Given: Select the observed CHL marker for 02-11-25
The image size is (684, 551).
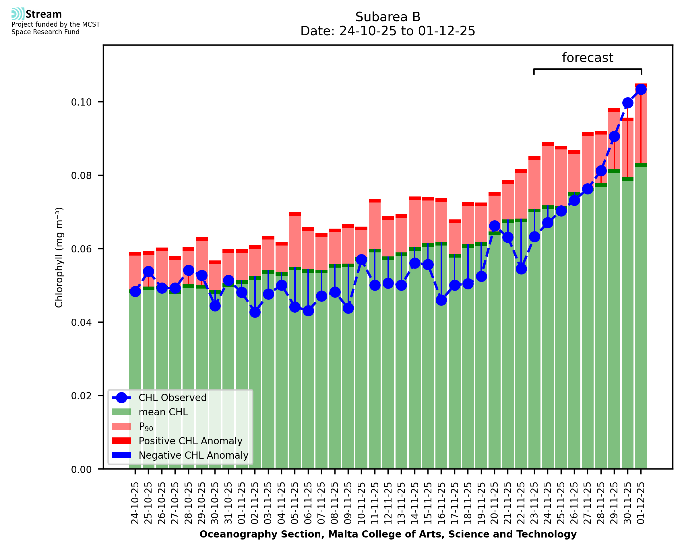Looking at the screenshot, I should [255, 312].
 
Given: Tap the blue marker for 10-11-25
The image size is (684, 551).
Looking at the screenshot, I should [361, 260].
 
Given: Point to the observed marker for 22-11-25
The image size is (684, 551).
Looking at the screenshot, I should [521, 269].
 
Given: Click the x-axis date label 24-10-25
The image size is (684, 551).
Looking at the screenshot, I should [135, 503].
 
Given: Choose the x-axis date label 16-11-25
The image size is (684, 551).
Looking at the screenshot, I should [441, 503].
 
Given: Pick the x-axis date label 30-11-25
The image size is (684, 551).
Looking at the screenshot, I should [627, 503].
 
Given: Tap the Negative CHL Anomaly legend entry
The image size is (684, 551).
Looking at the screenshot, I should [193, 455].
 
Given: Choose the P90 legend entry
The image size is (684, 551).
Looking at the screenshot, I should [146, 427].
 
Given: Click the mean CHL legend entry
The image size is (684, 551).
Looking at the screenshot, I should [163, 412].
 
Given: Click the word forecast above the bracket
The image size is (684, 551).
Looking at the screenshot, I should [588, 58].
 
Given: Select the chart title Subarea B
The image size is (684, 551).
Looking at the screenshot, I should [387, 17].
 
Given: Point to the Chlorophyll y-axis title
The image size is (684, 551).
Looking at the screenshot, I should [59, 257].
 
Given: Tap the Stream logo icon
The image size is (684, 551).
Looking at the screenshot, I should [18, 14].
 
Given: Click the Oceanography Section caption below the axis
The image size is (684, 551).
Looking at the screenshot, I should [388, 534].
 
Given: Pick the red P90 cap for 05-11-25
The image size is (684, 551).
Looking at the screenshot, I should [295, 214].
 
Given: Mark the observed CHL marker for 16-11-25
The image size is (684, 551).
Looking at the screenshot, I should [441, 300].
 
